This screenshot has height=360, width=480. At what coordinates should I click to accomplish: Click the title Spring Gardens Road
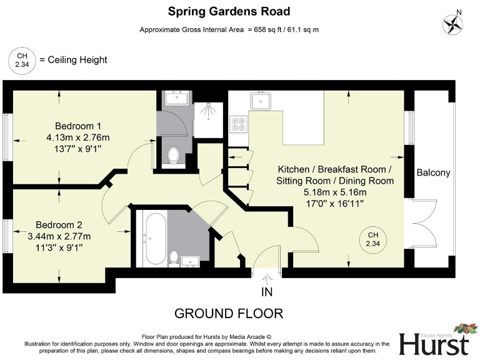click(229, 11)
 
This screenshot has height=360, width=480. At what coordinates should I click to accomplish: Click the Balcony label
click(433, 172)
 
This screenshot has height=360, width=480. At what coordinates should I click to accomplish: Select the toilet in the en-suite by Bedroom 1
click(174, 154)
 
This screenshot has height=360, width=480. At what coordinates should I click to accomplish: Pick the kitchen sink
click(259, 100)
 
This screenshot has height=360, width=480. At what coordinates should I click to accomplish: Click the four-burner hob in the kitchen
click(238, 124)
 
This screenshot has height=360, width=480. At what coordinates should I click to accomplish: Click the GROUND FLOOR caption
click(228, 313)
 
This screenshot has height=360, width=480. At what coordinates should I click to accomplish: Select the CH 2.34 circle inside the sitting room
click(372, 238)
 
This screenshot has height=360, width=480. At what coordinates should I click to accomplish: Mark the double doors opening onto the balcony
click(419, 224)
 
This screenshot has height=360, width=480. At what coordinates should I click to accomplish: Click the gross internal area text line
click(229, 29)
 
